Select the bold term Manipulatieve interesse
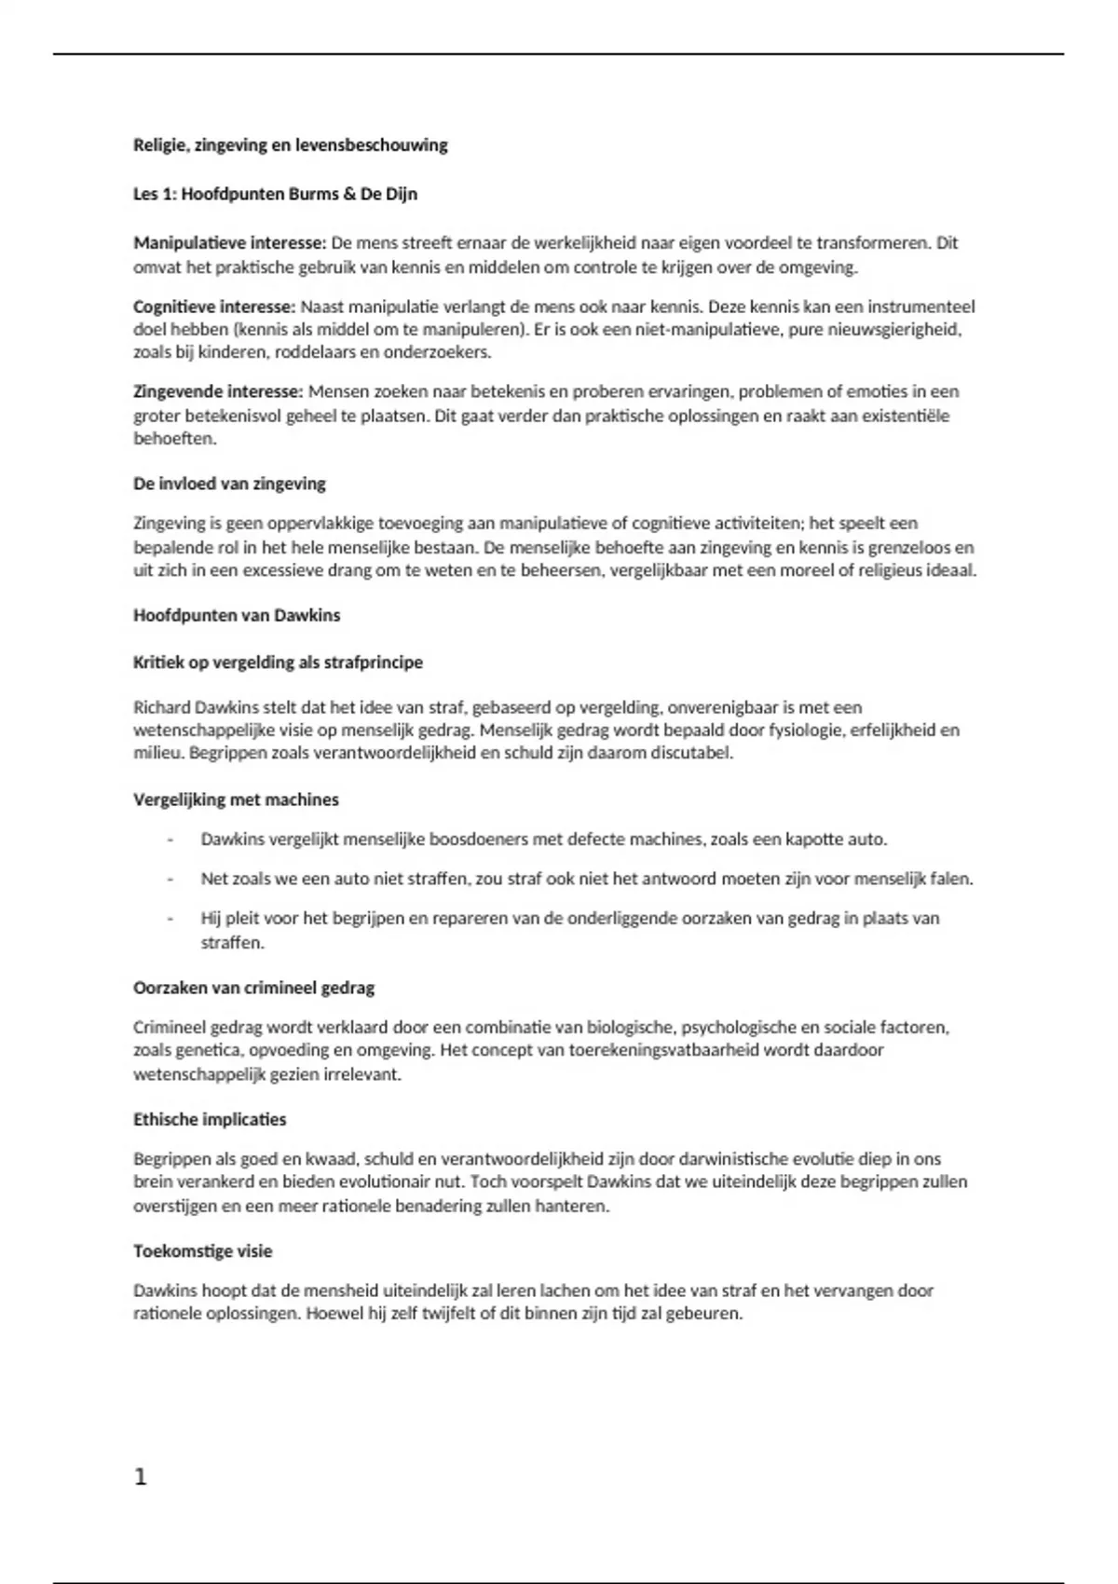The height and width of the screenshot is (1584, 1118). (x=229, y=243)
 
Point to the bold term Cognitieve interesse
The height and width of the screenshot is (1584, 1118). (x=213, y=307)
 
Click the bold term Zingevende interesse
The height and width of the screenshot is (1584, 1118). (x=217, y=391)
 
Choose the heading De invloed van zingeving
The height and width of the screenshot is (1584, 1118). (x=229, y=484)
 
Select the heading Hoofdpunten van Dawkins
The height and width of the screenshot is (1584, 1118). (x=237, y=615)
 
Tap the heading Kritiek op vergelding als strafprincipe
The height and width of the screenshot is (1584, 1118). (x=278, y=662)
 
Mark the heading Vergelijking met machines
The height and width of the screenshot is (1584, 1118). (x=236, y=799)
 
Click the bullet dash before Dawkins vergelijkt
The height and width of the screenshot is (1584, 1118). (x=170, y=840)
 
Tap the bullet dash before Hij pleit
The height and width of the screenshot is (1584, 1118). (x=170, y=919)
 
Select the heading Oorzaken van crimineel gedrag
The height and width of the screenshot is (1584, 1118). (x=253, y=988)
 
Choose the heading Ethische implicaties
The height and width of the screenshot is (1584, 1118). (x=210, y=1119)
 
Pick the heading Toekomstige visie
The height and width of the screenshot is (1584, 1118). (x=202, y=1250)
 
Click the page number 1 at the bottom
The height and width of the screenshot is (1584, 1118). (x=141, y=1477)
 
